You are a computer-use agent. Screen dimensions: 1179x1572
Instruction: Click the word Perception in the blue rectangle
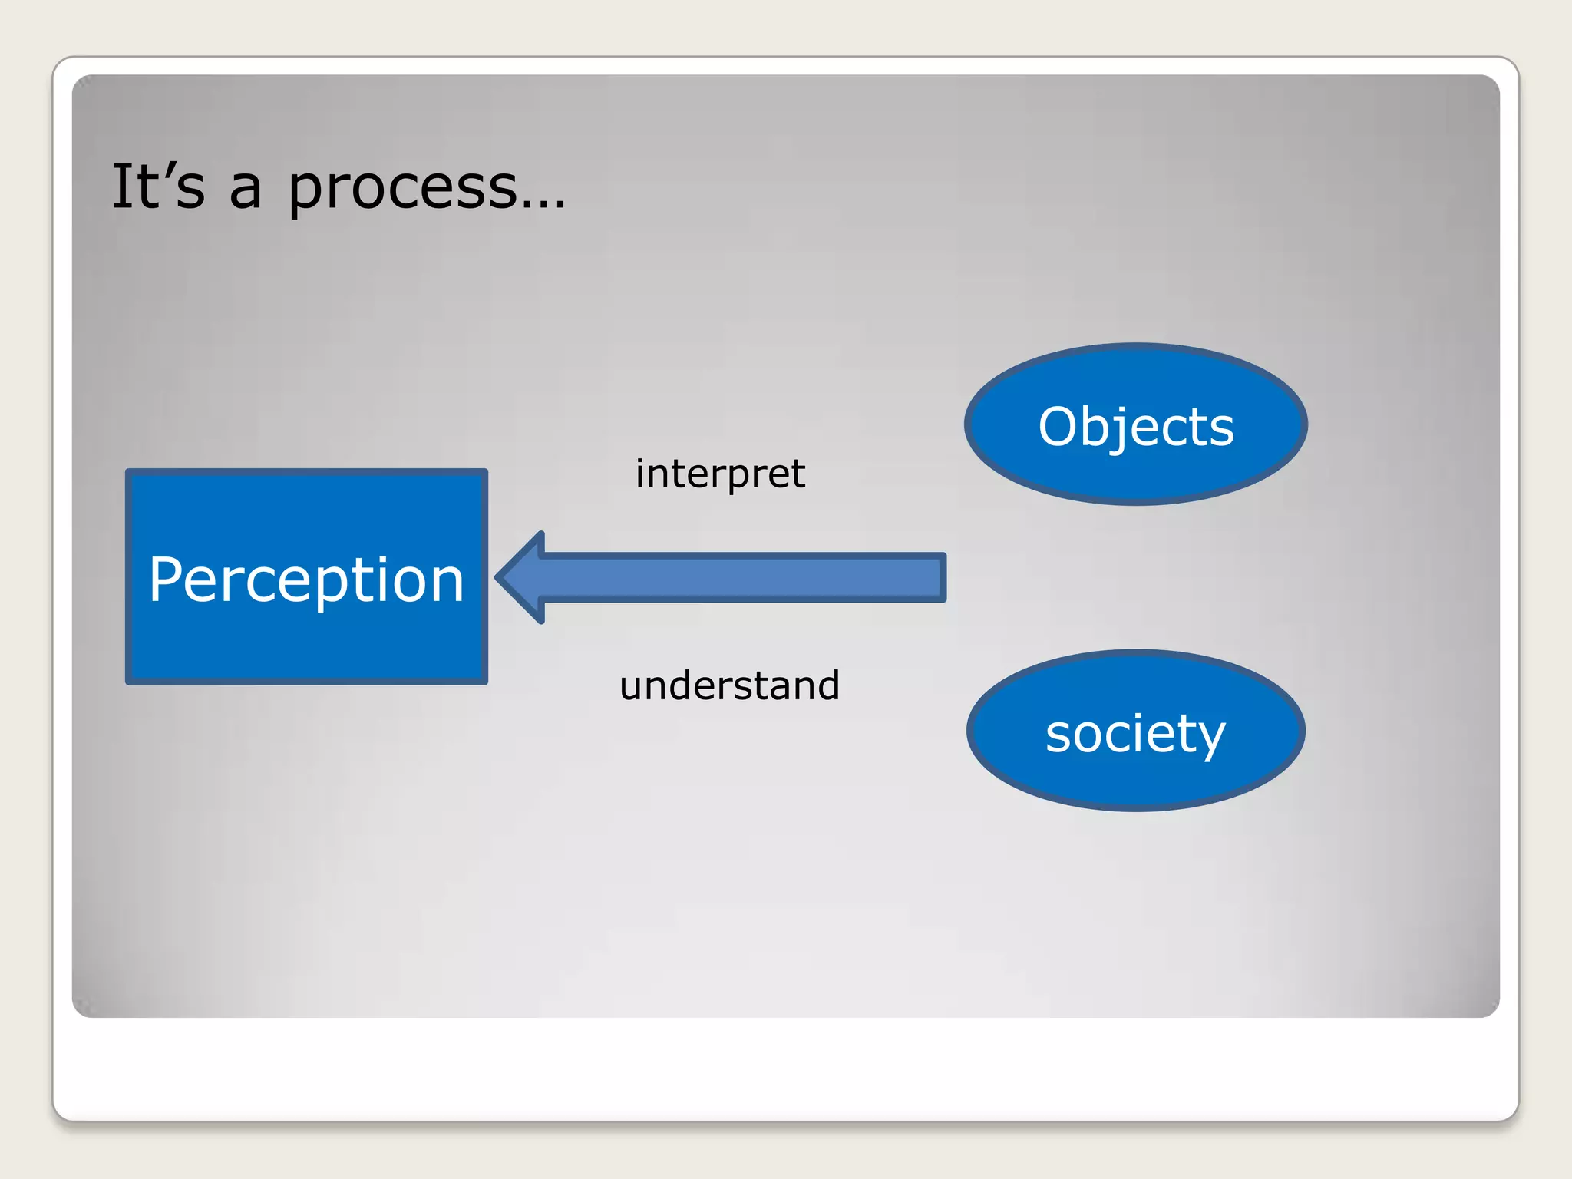(x=306, y=580)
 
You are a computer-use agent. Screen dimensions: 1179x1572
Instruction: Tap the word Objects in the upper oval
(x=1135, y=426)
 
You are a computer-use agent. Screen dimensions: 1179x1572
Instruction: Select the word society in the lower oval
(x=1135, y=733)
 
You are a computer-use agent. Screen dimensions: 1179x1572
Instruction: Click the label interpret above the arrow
(x=720, y=474)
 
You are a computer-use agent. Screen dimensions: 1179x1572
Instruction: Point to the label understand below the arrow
(x=729, y=685)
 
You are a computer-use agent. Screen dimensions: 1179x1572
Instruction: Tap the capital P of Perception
(x=167, y=579)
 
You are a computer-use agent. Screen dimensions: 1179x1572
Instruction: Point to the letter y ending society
(x=1210, y=738)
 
